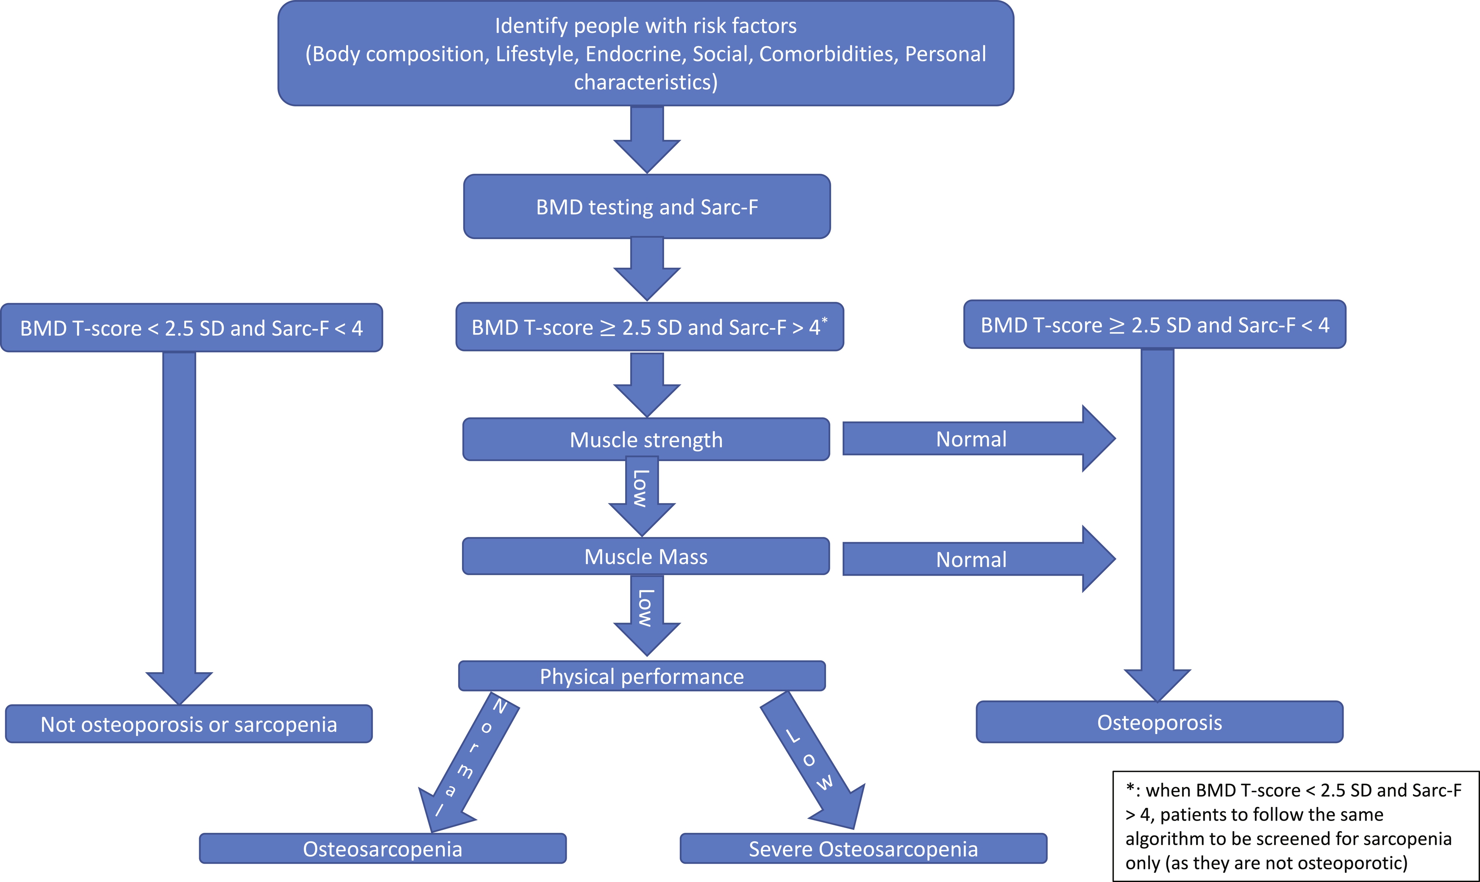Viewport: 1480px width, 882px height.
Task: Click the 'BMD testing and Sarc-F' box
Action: click(x=646, y=207)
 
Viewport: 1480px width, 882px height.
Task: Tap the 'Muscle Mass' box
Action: click(x=646, y=557)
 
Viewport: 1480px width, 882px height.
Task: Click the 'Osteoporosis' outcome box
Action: click(x=1159, y=723)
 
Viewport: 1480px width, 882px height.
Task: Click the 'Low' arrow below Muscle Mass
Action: click(x=646, y=612)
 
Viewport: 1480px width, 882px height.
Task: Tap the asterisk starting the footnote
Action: click(x=1129, y=789)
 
